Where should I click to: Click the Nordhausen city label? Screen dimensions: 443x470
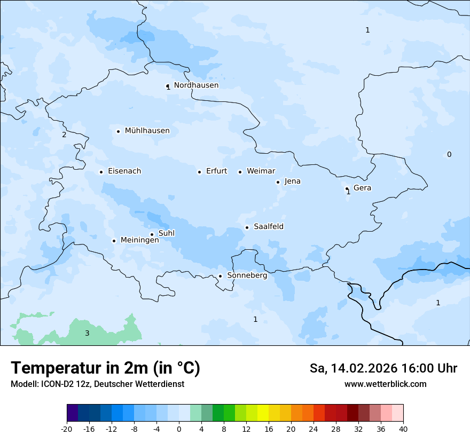(x=196, y=85)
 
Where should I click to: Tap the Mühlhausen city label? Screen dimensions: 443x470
(x=147, y=131)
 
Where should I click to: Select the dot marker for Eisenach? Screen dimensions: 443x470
(x=101, y=172)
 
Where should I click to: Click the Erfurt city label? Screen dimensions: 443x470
(x=216, y=171)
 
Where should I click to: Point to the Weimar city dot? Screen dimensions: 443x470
(x=240, y=172)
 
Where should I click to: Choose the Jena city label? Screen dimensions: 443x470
(x=292, y=181)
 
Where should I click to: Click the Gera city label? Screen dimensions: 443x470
(x=362, y=188)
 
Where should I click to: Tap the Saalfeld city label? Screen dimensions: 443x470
(x=268, y=227)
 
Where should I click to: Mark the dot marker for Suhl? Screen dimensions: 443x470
(x=152, y=234)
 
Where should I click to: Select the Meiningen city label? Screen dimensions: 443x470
(x=139, y=240)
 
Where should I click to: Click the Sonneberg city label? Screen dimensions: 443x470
(x=247, y=275)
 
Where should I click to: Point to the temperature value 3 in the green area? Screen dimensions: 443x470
(x=87, y=334)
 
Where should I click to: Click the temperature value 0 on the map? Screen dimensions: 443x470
(x=449, y=155)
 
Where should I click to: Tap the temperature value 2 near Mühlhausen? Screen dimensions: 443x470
(x=64, y=135)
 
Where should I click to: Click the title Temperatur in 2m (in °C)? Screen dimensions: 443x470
(x=105, y=368)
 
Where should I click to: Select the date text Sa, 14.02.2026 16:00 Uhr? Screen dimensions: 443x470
(x=383, y=368)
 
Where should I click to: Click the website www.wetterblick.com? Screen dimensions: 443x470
(x=385, y=384)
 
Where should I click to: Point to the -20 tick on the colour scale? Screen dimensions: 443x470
(x=67, y=429)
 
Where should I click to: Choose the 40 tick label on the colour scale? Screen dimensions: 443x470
(x=403, y=429)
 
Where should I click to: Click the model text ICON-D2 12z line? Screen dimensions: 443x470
(x=97, y=384)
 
